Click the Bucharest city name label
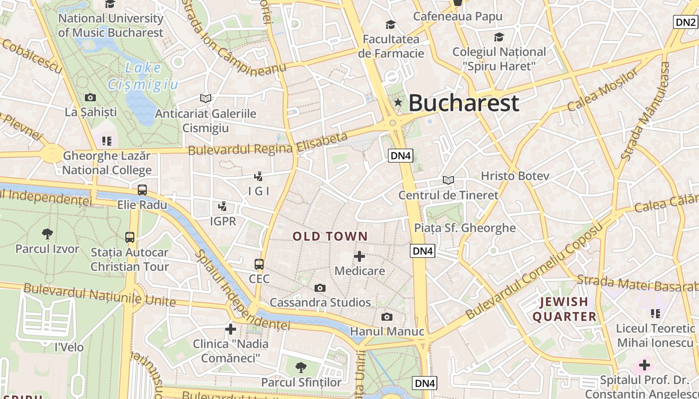coord(464,103)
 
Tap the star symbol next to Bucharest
coord(398,103)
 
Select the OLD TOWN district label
coord(330,236)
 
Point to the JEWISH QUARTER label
coord(564,309)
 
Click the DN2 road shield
coord(685,22)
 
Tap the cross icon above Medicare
coord(359,256)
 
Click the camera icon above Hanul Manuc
coord(386,317)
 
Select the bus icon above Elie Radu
coord(142,190)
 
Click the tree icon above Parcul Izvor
coord(47,233)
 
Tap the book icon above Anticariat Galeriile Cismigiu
coord(206,98)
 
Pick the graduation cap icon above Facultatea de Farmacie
coord(390,24)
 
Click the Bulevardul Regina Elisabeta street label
coord(268,144)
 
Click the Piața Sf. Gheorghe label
coord(465,228)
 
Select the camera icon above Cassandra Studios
coord(320,288)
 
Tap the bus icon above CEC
coord(259,264)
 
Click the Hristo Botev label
coord(515,176)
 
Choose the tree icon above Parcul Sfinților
coord(301,368)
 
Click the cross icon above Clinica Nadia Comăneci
coord(230,329)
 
